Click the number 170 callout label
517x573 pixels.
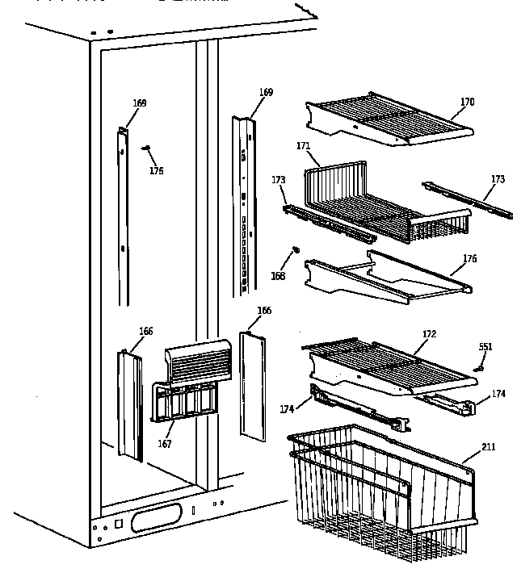coord(467,102)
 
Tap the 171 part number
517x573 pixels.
coord(303,146)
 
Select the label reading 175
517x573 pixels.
coord(156,170)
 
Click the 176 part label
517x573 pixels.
coord(469,258)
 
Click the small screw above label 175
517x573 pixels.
coord(146,148)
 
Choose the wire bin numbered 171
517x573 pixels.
coord(380,202)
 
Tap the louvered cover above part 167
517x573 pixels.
coord(197,361)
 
